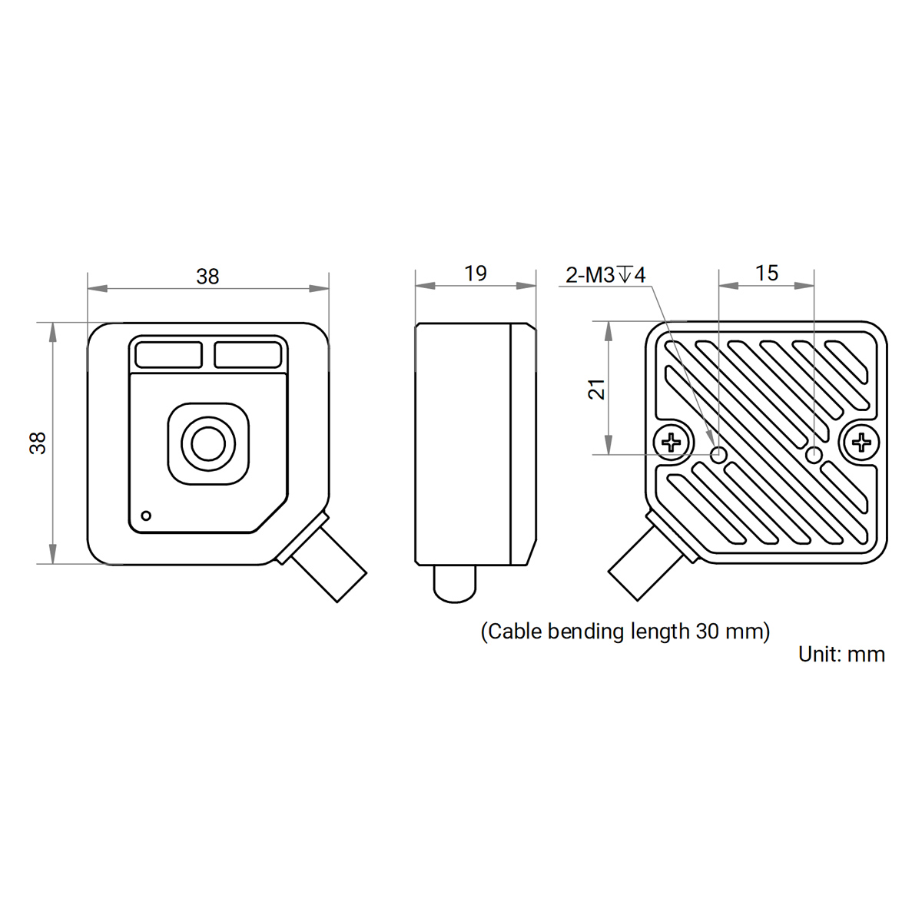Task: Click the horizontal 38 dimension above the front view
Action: (207, 277)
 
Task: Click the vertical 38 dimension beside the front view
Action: (38, 443)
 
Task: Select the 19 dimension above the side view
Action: (475, 274)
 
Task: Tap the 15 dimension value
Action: (767, 274)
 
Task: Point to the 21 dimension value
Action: (597, 389)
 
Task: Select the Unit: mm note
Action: (841, 654)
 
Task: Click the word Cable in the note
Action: (515, 631)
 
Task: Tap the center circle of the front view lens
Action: (208, 443)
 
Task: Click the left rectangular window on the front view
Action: (168, 355)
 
